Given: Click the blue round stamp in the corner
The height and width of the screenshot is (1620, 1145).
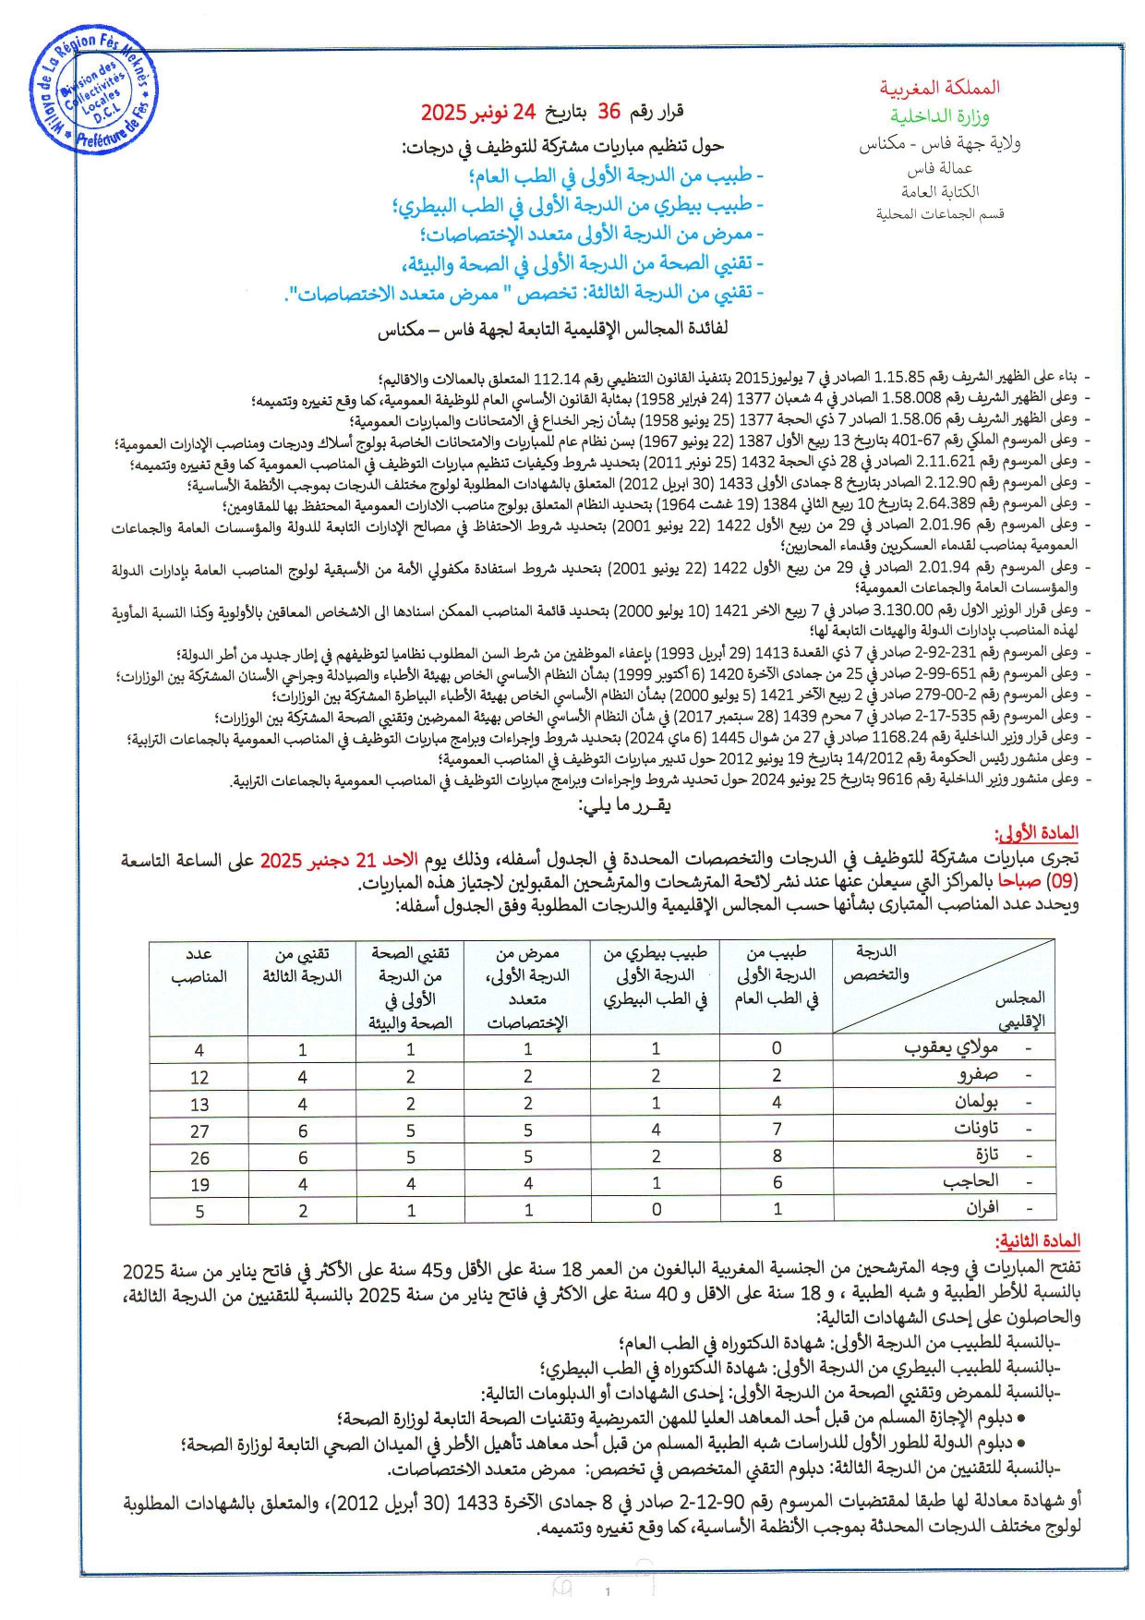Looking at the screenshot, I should [94, 93].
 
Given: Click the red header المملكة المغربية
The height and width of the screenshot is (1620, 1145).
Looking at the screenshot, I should [939, 88].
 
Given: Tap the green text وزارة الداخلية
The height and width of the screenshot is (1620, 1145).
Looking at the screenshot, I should [939, 116].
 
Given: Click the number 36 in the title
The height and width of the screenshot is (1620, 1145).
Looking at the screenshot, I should [609, 112].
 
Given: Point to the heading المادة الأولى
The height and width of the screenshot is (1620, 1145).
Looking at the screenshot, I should [1036, 833].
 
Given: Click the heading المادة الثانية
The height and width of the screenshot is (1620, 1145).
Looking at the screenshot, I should [1036, 1241].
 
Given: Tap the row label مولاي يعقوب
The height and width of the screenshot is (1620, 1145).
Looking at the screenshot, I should [951, 1048].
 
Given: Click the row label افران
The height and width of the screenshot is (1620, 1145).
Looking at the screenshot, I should [982, 1208].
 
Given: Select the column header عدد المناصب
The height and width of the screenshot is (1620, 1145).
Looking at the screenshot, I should [199, 964].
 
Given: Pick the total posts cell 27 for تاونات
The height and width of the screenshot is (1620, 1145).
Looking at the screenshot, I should [199, 1130].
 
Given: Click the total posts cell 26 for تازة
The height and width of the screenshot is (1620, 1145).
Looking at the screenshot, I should [199, 1157].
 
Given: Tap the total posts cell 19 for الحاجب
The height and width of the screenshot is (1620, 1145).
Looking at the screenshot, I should [199, 1184].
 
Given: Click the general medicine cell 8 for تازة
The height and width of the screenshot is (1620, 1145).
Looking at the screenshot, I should [777, 1155].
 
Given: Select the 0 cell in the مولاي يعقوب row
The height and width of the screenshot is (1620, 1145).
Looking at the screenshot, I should [777, 1048].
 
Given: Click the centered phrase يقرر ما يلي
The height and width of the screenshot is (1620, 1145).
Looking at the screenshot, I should [624, 805].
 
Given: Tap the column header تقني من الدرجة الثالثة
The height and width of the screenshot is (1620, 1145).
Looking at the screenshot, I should [302, 964].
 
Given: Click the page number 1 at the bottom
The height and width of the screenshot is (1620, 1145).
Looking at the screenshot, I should [608, 1591].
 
